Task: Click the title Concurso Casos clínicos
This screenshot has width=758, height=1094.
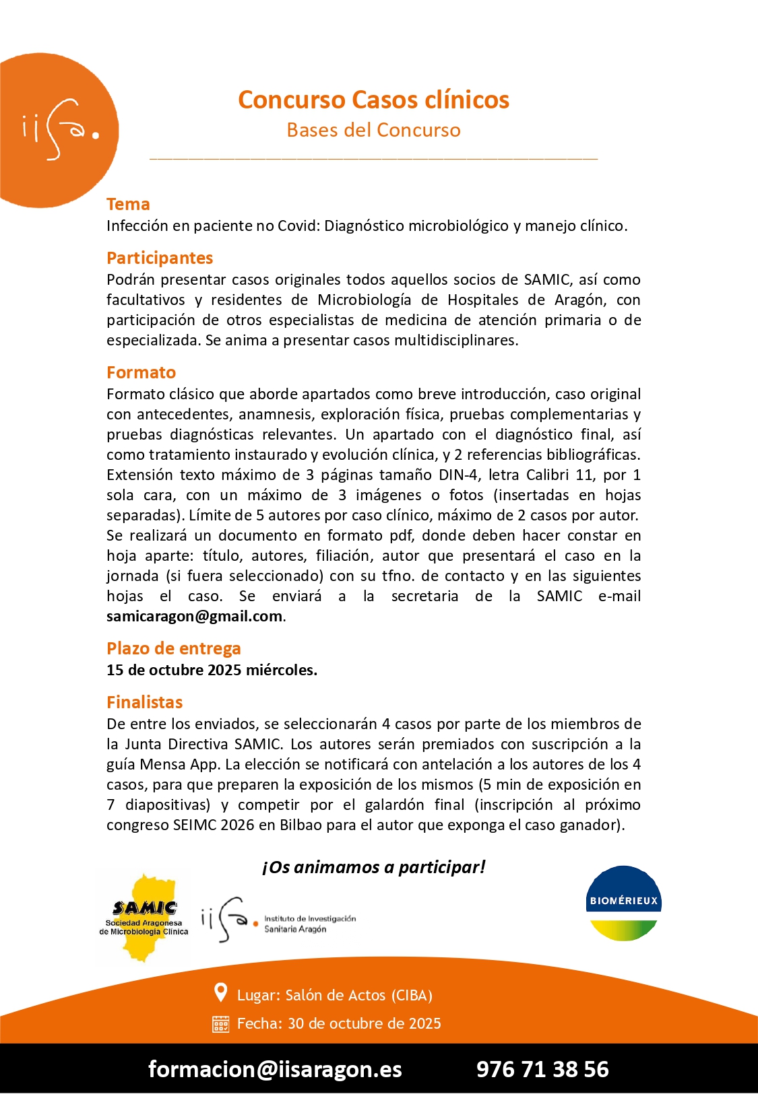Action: tap(373, 100)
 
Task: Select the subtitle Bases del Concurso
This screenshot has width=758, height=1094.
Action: tap(373, 130)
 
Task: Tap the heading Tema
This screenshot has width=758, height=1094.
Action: tap(128, 204)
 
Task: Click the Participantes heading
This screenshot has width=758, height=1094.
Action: tap(160, 258)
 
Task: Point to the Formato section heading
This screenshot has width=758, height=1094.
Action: tap(141, 372)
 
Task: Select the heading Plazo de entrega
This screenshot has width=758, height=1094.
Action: tap(173, 648)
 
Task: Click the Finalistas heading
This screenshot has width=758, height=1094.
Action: tap(144, 702)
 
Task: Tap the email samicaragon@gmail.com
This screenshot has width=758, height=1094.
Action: tap(194, 616)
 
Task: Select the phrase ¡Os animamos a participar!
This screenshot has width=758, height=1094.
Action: tap(373, 866)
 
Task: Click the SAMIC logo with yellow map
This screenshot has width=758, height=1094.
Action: tap(144, 918)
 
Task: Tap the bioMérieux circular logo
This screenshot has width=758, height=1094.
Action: tap(623, 903)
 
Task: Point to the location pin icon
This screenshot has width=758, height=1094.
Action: tap(220, 992)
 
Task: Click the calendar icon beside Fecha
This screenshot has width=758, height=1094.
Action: tap(220, 1024)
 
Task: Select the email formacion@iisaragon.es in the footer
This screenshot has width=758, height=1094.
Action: tap(275, 1069)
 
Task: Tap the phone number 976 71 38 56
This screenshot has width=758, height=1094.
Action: tap(542, 1069)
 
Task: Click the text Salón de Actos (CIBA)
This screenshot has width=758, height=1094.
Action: tap(358, 995)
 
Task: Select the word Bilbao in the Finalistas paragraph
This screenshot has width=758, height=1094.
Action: tap(301, 825)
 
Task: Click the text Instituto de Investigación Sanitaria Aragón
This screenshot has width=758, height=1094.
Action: tap(309, 924)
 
